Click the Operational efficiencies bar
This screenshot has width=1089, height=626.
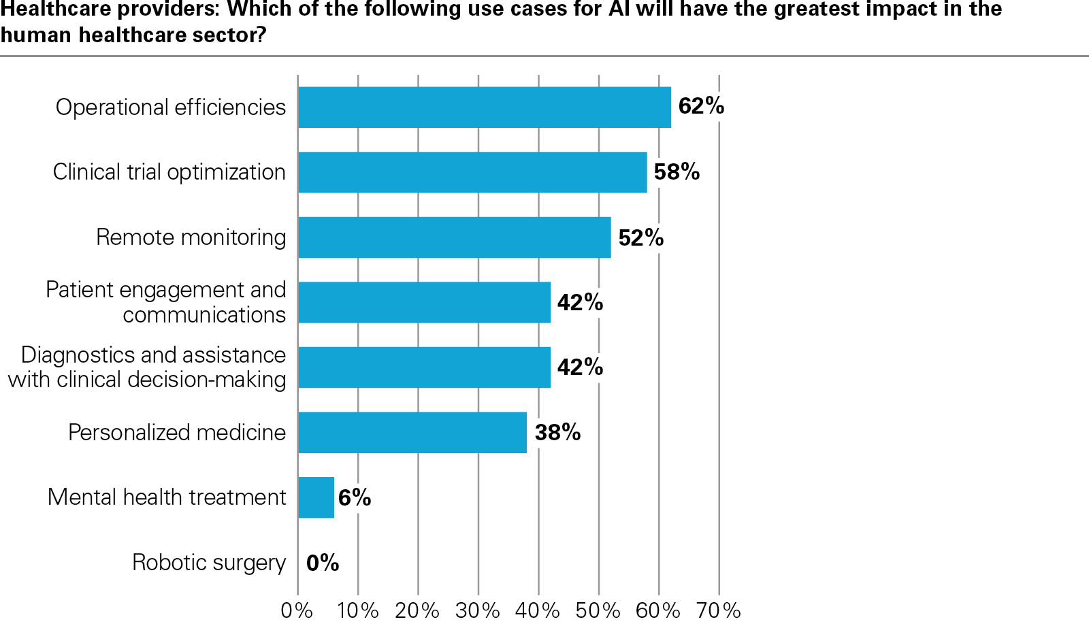click(x=485, y=108)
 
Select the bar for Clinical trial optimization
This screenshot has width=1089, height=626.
click(x=472, y=172)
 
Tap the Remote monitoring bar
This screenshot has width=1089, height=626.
click(x=455, y=237)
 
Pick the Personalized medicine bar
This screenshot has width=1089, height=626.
click(x=412, y=433)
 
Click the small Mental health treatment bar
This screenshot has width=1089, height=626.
click(x=316, y=497)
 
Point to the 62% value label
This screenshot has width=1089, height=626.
click(x=701, y=106)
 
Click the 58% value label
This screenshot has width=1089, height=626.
click(x=677, y=171)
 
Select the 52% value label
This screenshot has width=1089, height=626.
click(x=640, y=237)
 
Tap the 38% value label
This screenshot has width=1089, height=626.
click(x=557, y=432)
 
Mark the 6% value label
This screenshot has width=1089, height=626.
click(x=355, y=497)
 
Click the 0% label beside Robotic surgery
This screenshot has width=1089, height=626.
click(x=323, y=563)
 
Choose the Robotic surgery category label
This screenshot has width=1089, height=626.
click(x=209, y=563)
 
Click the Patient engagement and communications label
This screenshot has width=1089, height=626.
click(x=166, y=302)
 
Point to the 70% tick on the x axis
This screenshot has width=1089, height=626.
click(x=719, y=610)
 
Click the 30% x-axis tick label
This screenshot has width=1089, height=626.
click(x=478, y=610)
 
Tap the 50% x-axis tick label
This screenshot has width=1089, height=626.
click(x=598, y=610)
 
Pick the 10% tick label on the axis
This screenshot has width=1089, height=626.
click(x=358, y=610)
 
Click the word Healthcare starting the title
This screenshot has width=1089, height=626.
click(x=55, y=10)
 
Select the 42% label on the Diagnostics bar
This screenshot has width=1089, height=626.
click(x=580, y=367)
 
